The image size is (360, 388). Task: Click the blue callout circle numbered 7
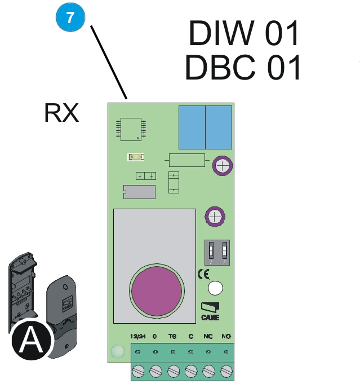[70, 17]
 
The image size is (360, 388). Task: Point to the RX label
[61, 113]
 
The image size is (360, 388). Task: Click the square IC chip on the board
[131, 129]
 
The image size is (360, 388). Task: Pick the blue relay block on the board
[205, 127]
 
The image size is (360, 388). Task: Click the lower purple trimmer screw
[215, 217]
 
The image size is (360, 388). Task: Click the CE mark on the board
[203, 275]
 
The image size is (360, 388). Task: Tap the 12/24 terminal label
[138, 337]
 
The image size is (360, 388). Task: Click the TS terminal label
[173, 337]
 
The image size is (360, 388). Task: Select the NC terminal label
[208, 337]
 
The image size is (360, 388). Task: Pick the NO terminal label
[226, 337]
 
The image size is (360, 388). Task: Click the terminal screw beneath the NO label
[226, 371]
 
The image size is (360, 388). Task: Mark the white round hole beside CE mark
[216, 289]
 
